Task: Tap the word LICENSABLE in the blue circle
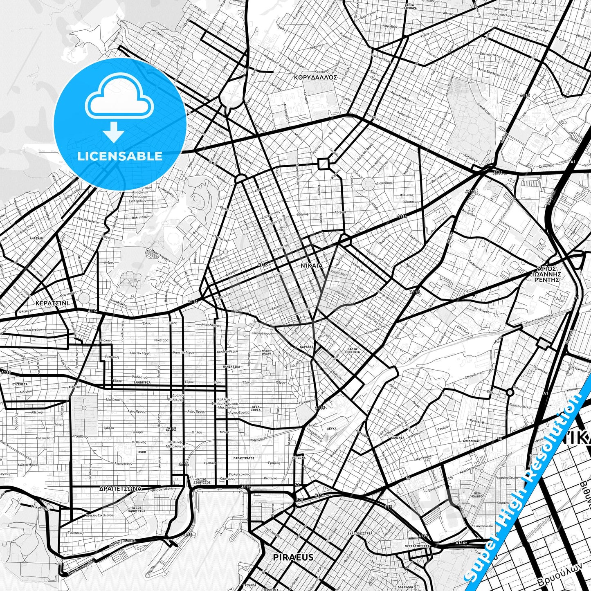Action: [119, 156]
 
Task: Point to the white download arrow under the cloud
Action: [114, 132]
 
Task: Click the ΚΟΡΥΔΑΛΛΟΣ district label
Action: [315, 76]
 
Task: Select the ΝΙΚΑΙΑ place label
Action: [312, 265]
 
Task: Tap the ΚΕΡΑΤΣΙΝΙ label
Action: [52, 303]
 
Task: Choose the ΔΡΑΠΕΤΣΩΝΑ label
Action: [120, 488]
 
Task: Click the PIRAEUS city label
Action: [293, 557]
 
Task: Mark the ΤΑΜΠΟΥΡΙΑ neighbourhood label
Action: [142, 382]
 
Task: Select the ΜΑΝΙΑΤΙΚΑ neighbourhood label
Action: [231, 366]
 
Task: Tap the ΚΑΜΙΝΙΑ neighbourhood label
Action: [397, 438]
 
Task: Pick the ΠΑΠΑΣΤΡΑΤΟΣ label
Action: [244, 458]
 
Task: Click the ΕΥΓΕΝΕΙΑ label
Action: [20, 384]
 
